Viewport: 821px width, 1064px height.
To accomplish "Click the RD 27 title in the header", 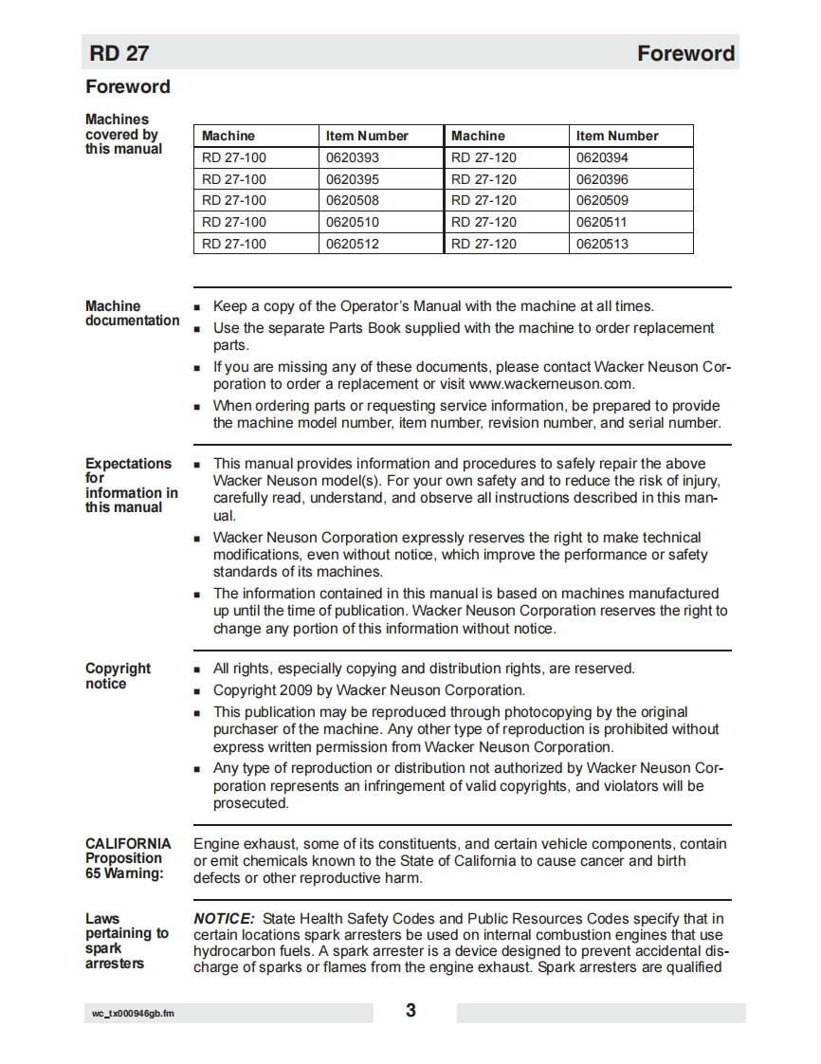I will click(119, 53).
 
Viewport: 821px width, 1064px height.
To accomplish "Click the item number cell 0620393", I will click(353, 157).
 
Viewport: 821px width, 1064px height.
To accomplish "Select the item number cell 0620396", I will click(602, 179).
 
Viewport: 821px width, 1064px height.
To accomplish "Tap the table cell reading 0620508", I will click(353, 200).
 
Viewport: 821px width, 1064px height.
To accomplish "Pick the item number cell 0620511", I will click(602, 222).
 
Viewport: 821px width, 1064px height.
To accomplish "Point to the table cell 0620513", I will click(602, 244).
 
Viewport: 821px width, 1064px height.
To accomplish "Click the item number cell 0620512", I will click(353, 244).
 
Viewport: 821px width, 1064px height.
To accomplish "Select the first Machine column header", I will click(228, 136).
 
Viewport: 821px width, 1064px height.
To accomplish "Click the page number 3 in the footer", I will click(410, 1011).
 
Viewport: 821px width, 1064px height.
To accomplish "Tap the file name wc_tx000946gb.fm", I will click(133, 1014).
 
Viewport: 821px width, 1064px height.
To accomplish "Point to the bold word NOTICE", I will click(224, 918).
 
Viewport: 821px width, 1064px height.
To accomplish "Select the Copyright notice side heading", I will click(118, 676).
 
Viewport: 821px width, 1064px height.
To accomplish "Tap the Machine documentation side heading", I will click(132, 313).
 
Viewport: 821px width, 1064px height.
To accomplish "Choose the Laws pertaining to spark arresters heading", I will click(126, 941).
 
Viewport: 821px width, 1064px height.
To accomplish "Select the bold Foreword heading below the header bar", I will click(128, 87).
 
